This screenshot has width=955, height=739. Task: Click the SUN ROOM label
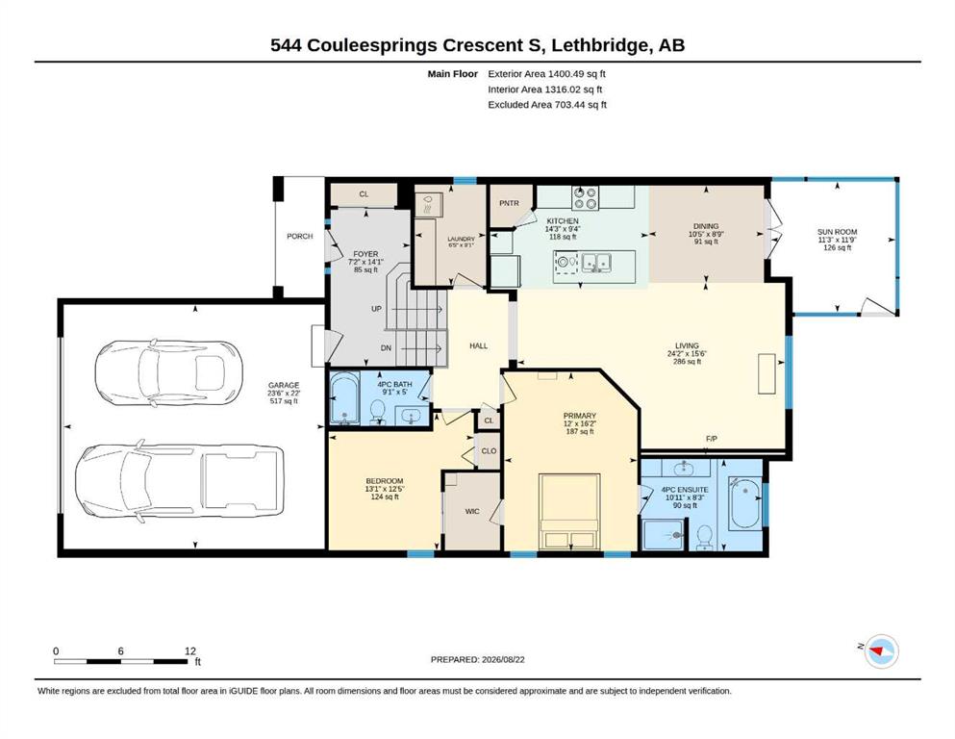[x=837, y=232]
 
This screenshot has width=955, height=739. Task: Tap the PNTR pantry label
[x=509, y=203]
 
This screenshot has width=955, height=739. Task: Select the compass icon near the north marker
[x=881, y=651]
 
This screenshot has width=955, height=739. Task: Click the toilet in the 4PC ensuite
[x=705, y=537]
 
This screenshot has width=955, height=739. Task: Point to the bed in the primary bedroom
[x=569, y=511]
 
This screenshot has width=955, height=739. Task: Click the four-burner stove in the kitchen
[x=585, y=198]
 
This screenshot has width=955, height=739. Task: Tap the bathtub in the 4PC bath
[x=344, y=397]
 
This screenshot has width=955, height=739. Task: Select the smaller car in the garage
[x=168, y=371]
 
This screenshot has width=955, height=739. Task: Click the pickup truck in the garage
[x=179, y=481]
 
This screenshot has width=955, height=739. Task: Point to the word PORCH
[x=300, y=237]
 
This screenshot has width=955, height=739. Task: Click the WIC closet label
[x=472, y=512]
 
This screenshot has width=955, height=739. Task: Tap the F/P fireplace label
[x=712, y=439]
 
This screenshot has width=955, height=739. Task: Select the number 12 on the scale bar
[x=190, y=651]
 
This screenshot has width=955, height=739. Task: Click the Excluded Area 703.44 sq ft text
[x=547, y=105]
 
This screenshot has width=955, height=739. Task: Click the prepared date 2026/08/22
[x=503, y=660]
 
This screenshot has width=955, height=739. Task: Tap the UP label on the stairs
[x=376, y=309]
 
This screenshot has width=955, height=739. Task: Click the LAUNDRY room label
[x=461, y=240]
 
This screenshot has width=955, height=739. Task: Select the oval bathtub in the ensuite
[x=744, y=504]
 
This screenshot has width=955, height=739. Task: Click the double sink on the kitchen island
[x=596, y=263]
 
